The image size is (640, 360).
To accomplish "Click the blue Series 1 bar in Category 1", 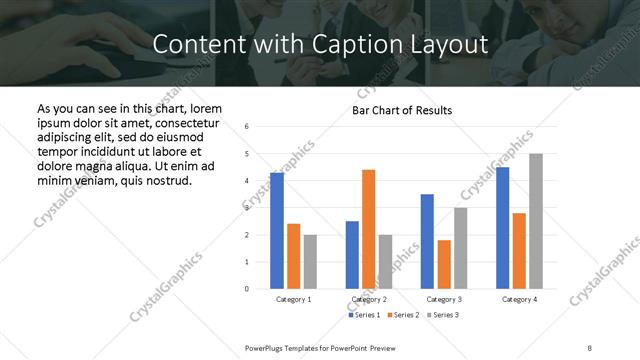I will click(x=277, y=231).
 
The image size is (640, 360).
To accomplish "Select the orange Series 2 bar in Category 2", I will click(x=368, y=229).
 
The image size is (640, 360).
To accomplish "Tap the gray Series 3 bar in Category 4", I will click(x=536, y=221).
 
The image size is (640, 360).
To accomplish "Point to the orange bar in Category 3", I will click(x=444, y=264).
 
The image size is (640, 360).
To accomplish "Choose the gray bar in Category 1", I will click(x=310, y=262).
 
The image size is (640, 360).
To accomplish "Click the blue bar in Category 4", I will click(x=502, y=228).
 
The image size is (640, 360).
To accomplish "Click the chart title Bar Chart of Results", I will click(x=402, y=110).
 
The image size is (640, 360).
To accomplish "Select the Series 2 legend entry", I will click(x=404, y=315).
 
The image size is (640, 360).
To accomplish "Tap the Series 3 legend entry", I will click(x=445, y=315).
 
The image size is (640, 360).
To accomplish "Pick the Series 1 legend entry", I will click(x=364, y=315).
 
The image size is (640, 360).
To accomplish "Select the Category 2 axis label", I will click(x=368, y=299).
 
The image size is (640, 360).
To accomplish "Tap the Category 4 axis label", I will click(x=519, y=299).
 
